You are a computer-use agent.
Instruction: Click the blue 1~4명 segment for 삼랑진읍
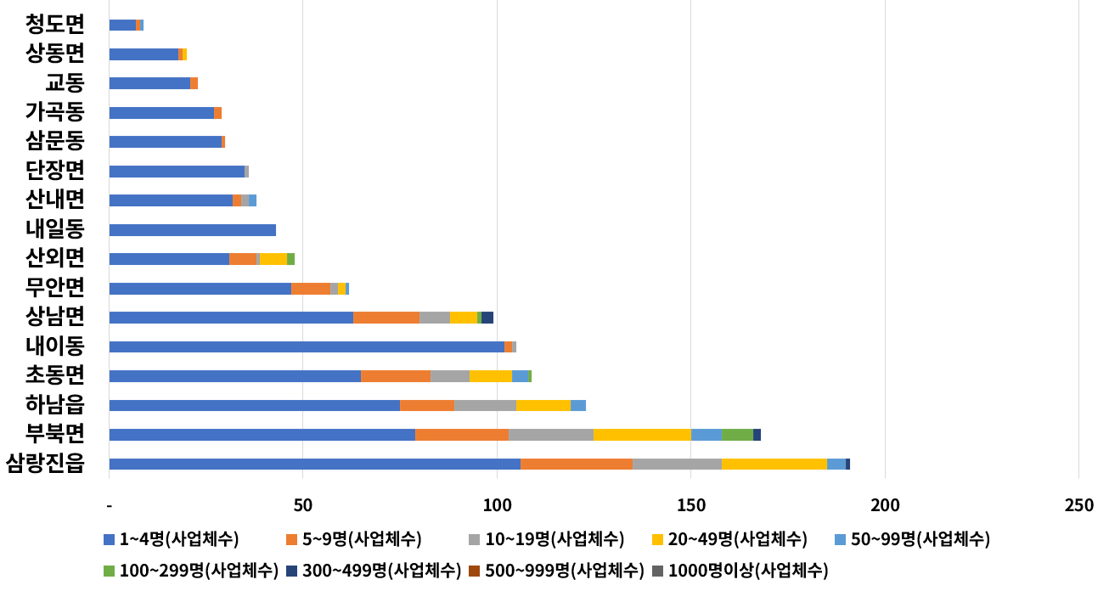pyautogui.click(x=314, y=464)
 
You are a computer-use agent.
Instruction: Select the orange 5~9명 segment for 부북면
pyautogui.click(x=462, y=435)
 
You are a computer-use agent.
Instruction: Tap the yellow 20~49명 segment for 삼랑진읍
pyautogui.click(x=774, y=464)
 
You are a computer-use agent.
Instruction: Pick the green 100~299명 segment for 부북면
pyautogui.click(x=737, y=435)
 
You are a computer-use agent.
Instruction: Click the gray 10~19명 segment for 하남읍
pyautogui.click(x=485, y=405)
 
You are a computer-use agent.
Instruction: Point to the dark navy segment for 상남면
pyautogui.click(x=487, y=318)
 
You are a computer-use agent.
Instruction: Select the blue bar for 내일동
pyautogui.click(x=193, y=230)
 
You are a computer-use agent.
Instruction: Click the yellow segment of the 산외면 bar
pyautogui.click(x=273, y=259)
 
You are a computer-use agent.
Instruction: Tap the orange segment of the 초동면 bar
pyautogui.click(x=396, y=376)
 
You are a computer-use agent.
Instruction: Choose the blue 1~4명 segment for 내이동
pyautogui.click(x=307, y=346)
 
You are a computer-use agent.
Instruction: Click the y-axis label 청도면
pyautogui.click(x=55, y=24)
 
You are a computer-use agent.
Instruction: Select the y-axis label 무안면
pyautogui.click(x=55, y=288)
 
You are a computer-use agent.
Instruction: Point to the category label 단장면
pyautogui.click(x=55, y=171)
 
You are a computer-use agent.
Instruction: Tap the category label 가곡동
pyautogui.click(x=55, y=112)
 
